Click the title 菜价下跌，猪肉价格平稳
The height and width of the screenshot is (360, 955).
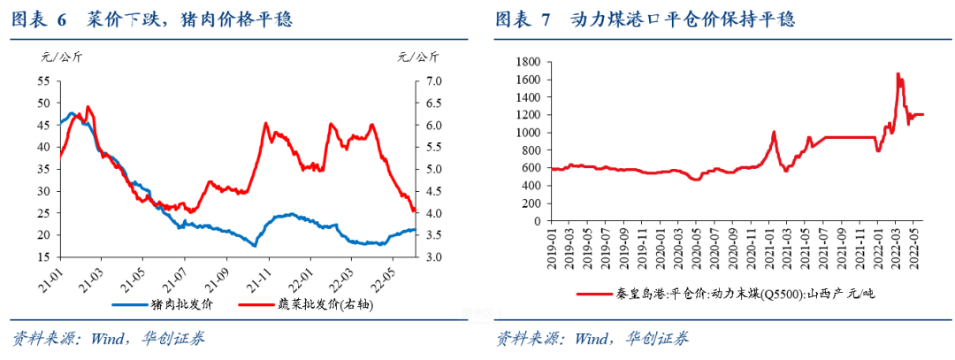(x=189, y=19)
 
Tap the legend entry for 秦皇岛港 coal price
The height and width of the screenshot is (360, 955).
(x=725, y=294)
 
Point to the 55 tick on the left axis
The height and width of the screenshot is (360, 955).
(x=43, y=80)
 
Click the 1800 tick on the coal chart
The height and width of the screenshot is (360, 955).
(x=528, y=62)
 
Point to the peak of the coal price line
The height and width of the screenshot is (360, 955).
(x=898, y=74)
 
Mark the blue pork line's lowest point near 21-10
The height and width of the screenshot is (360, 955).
(x=255, y=245)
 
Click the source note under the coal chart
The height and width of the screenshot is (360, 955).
(x=592, y=339)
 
